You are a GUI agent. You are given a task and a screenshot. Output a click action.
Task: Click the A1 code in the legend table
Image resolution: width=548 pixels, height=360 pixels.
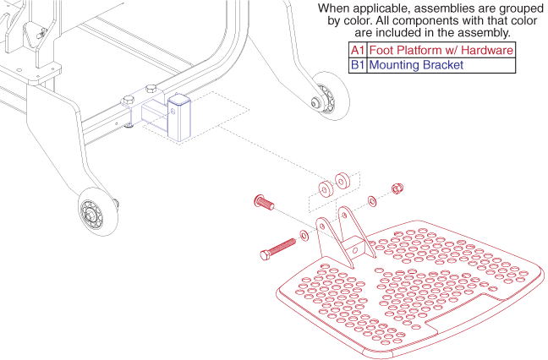[x=358, y=50]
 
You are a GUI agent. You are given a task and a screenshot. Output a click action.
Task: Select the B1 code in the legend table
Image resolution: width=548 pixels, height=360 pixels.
[x=358, y=65]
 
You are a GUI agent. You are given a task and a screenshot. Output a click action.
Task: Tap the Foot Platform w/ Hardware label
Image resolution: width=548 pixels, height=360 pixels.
[x=441, y=50]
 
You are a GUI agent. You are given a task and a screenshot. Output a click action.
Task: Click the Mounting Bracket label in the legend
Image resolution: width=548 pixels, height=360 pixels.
[x=416, y=65]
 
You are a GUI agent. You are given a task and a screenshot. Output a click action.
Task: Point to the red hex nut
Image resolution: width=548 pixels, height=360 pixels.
[x=397, y=188]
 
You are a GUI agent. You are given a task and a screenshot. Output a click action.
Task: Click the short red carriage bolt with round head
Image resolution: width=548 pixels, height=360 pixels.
[x=264, y=202]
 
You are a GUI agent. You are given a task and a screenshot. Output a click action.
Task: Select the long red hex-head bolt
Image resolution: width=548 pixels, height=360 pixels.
[x=278, y=248]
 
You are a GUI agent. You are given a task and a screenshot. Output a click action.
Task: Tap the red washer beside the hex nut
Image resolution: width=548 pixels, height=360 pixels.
[x=372, y=201]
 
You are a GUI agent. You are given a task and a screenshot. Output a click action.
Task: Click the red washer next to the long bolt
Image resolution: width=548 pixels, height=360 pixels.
[x=304, y=236]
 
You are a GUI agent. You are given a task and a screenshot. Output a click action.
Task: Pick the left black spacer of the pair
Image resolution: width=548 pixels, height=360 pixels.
[x=326, y=189]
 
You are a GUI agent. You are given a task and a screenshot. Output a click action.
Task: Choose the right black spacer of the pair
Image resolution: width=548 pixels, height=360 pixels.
[x=342, y=180]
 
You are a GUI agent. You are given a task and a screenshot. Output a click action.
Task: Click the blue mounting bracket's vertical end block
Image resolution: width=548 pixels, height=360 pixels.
[x=179, y=117]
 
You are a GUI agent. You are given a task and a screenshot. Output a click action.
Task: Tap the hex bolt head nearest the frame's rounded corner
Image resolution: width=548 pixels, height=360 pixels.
[x=151, y=89]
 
